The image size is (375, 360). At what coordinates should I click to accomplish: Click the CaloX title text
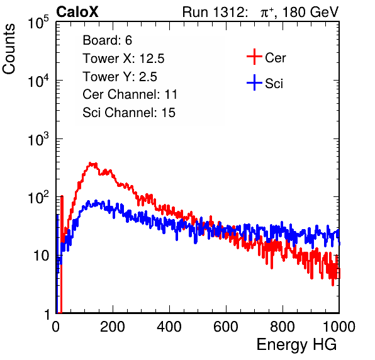click(77, 12)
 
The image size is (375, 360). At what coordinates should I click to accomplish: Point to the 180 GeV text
click(311, 12)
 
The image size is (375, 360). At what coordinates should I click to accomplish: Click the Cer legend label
click(276, 58)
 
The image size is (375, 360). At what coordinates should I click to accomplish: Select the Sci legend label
click(274, 84)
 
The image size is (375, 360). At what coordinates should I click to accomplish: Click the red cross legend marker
click(254, 57)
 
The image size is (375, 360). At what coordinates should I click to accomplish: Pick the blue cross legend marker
click(254, 82)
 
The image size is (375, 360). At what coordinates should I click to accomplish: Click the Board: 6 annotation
click(108, 40)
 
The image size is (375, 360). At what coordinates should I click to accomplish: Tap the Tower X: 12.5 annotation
click(124, 59)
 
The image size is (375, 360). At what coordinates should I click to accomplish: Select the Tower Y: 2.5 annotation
click(120, 77)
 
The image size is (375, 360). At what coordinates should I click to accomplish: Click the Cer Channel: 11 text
click(130, 94)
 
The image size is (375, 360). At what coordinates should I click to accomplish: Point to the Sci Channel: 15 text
click(129, 113)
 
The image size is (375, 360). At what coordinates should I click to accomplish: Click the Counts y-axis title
click(9, 49)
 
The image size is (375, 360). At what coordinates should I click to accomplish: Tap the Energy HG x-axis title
click(297, 345)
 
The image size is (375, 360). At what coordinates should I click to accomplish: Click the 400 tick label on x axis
click(169, 326)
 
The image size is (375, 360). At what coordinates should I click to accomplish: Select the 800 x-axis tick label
click(283, 326)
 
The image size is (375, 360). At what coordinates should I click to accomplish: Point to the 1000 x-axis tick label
click(339, 326)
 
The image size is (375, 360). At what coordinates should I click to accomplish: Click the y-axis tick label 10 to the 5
click(38, 22)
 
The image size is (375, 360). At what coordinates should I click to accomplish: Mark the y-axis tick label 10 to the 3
click(38, 139)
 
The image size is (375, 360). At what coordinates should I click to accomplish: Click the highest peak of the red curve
click(91, 164)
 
